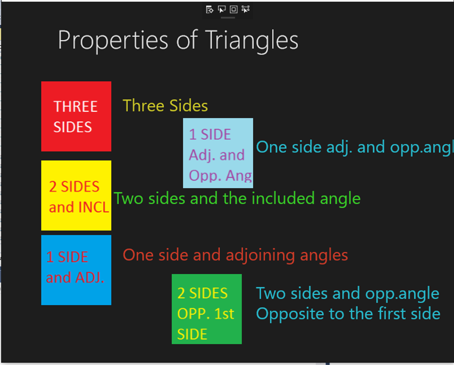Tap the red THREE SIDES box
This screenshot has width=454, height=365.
tap(76, 116)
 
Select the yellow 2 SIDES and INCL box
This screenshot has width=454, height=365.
tap(76, 195)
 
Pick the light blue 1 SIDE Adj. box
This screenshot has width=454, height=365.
tap(218, 153)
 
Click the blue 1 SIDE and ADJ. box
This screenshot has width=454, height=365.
tap(76, 270)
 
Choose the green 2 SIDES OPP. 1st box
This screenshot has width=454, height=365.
tap(206, 309)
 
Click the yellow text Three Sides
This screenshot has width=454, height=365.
tap(165, 106)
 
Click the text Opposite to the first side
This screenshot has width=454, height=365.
tap(348, 314)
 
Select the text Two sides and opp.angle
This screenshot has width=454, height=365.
tap(347, 293)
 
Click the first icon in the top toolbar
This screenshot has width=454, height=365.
tap(210, 9)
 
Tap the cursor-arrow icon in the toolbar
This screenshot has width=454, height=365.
tap(222, 9)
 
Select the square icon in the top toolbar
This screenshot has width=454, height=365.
tap(233, 9)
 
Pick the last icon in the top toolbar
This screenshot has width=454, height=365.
tap(246, 9)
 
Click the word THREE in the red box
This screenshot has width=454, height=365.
tap(76, 106)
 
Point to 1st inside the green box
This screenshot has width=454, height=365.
tap(224, 314)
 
